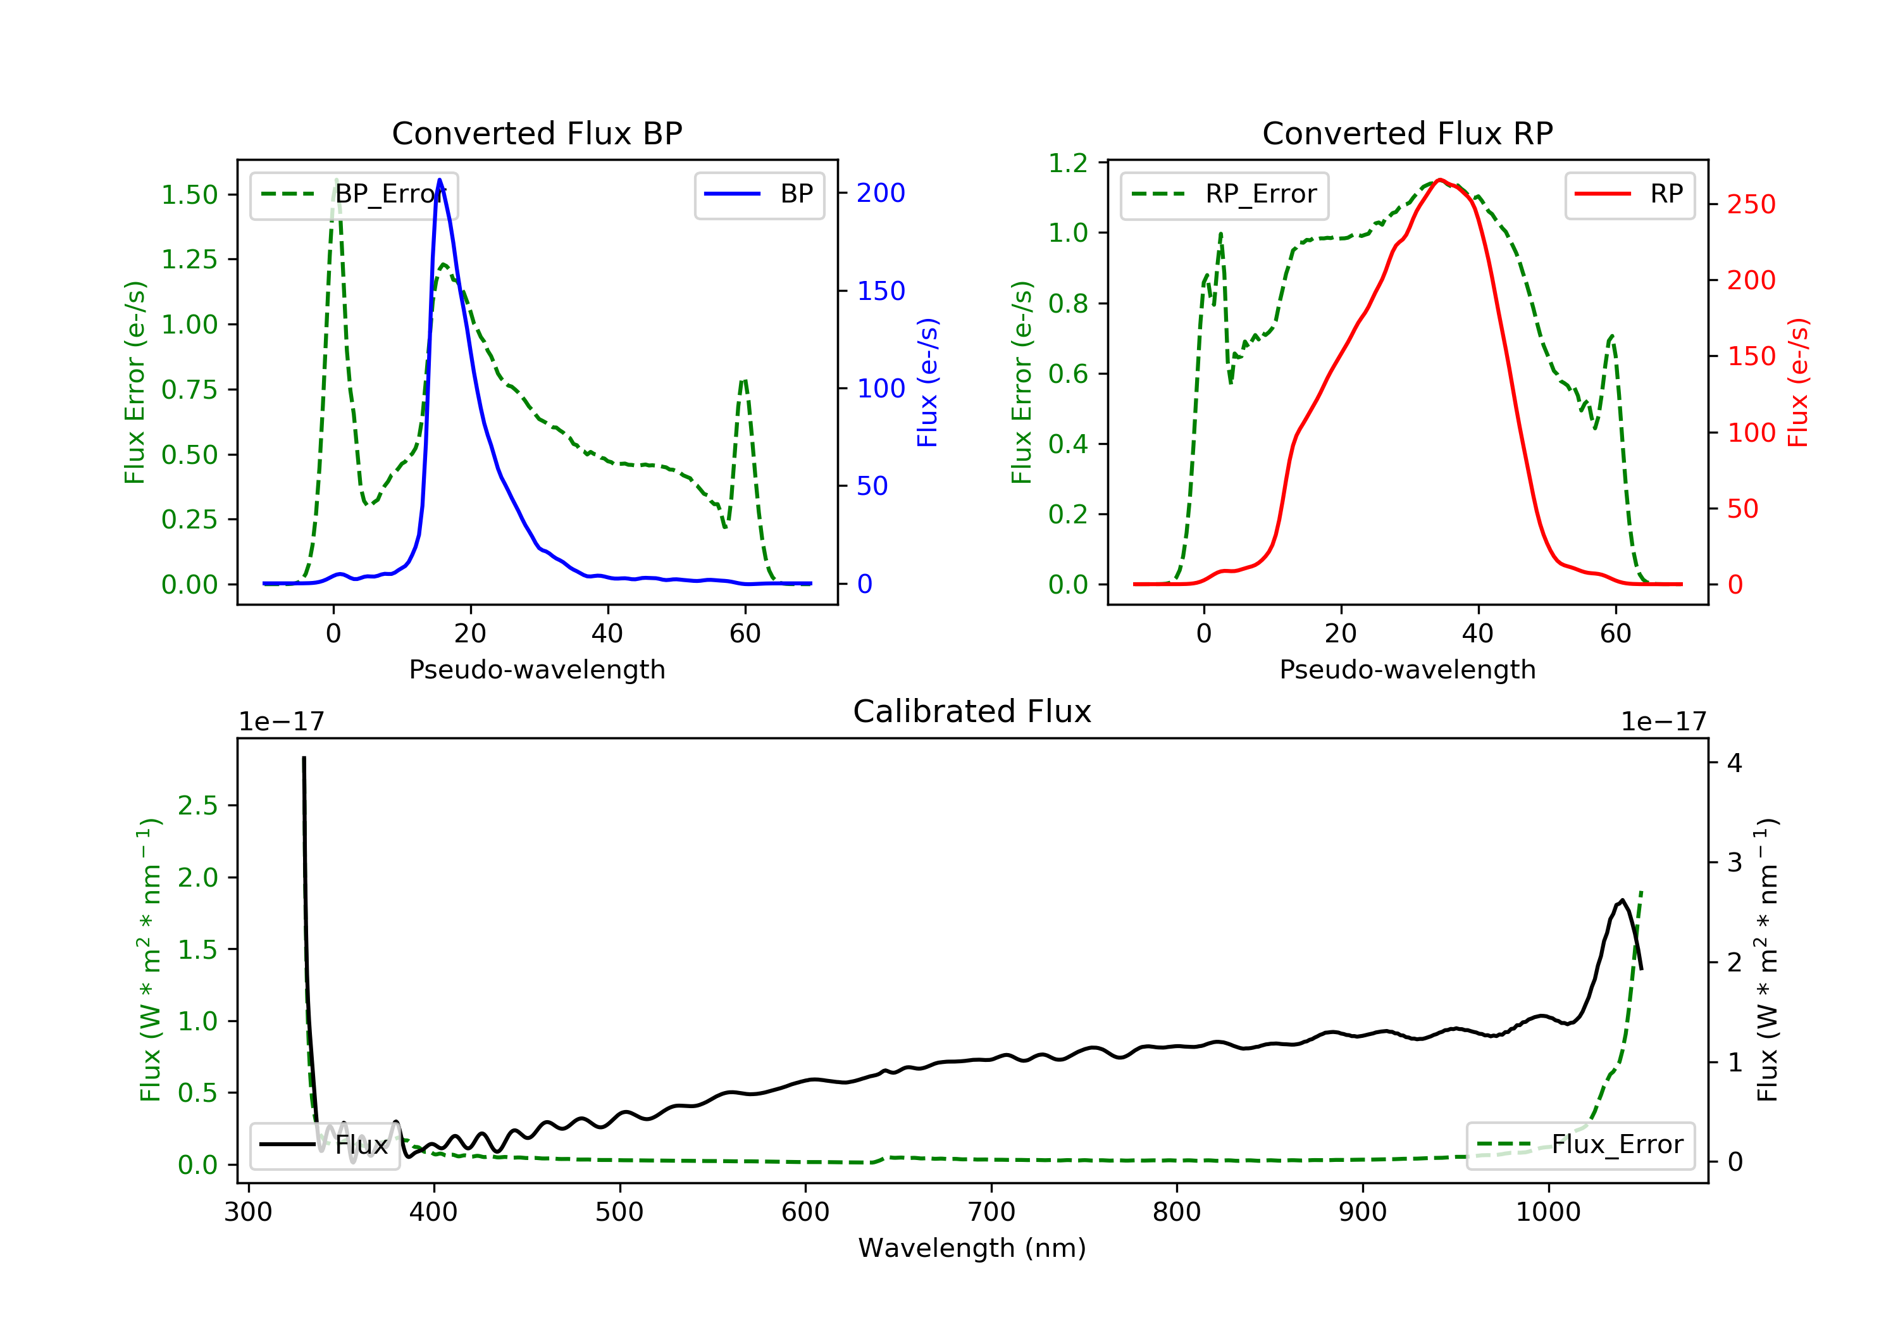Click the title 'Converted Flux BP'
pyautogui.click(x=537, y=133)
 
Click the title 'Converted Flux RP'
pyautogui.click(x=1407, y=133)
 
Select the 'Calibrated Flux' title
pyautogui.click(x=972, y=711)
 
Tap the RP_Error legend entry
pyautogui.click(x=1224, y=194)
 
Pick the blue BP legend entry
pyautogui.click(x=759, y=194)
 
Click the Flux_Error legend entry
pyautogui.click(x=1580, y=1145)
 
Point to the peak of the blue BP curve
pyautogui.click(x=439, y=180)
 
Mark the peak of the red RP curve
pyautogui.click(x=1439, y=180)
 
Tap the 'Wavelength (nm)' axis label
pyautogui.click(x=972, y=1248)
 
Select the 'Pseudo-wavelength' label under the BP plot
pyautogui.click(x=537, y=669)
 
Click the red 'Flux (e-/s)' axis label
pyautogui.click(x=1799, y=383)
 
